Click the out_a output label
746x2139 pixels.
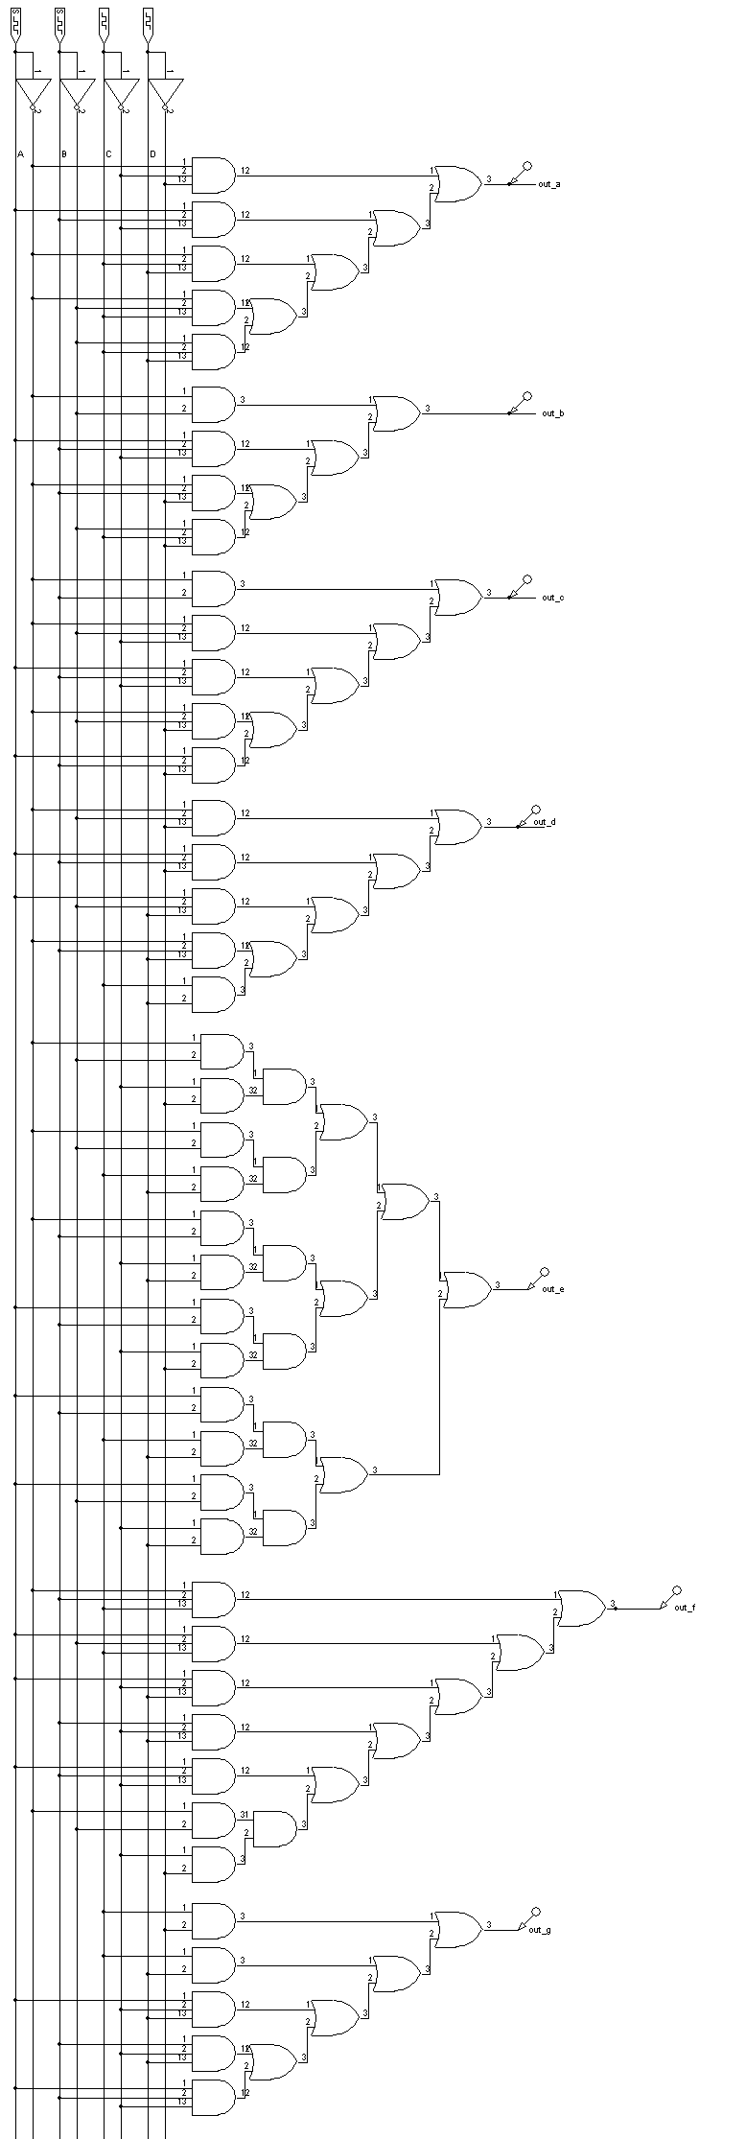[x=549, y=183]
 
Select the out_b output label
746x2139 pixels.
[x=552, y=412]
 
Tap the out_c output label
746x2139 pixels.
[x=552, y=598]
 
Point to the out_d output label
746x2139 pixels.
[x=544, y=822]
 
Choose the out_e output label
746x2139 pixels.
[x=552, y=1289]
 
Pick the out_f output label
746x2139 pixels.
[x=685, y=1607]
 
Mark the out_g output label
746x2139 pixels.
[x=540, y=1929]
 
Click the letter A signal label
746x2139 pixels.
[x=20, y=154]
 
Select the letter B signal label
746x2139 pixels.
[x=64, y=154]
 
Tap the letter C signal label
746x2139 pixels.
[x=108, y=154]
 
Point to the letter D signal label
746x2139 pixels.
[x=152, y=154]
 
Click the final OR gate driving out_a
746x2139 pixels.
[x=458, y=182]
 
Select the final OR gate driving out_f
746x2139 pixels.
[x=581, y=1608]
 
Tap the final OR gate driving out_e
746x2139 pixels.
[x=465, y=1289]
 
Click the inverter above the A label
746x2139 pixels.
[x=33, y=94]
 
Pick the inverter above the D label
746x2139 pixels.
[x=165, y=94]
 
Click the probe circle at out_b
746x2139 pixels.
[x=527, y=394]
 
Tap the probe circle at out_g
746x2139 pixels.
[x=535, y=1911]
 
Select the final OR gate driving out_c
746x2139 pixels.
[x=458, y=597]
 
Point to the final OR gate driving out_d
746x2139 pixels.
[x=458, y=826]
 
